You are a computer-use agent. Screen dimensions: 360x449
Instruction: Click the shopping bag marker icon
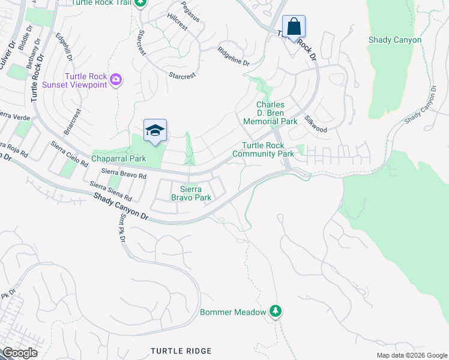coord(294,27)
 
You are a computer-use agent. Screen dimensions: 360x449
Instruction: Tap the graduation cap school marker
coord(155,131)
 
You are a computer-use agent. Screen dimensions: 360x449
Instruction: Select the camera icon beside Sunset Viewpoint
coord(116,79)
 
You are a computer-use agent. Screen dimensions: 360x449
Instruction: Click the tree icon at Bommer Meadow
coord(275,311)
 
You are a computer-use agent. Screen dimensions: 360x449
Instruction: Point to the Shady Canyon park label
coord(395,40)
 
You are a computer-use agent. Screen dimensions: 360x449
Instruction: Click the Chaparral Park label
coord(119,159)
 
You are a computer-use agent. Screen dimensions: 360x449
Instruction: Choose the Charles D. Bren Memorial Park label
coord(270,113)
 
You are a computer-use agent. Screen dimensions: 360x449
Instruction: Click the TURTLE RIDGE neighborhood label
coord(181,350)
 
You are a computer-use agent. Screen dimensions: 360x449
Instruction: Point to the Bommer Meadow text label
coord(233,312)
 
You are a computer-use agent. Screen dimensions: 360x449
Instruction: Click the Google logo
coord(20,352)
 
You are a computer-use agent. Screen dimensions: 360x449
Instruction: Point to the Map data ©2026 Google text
coord(411,355)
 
